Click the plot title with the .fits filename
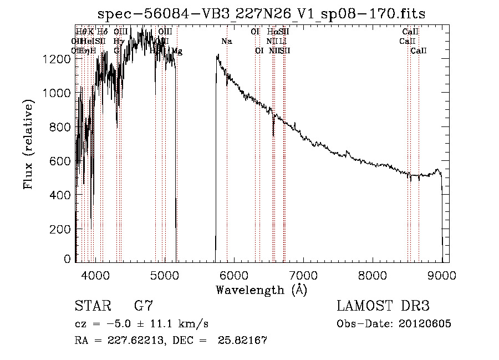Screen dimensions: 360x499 [x=261, y=14]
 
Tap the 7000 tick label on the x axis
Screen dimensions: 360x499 [x=303, y=275]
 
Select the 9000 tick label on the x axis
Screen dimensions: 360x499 [x=442, y=275]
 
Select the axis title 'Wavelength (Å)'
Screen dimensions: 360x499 [x=261, y=290]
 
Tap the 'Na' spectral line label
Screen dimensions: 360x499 [x=226, y=42]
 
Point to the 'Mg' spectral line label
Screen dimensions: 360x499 [x=176, y=51]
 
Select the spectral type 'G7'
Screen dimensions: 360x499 [x=143, y=306]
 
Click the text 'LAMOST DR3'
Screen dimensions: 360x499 [x=383, y=306]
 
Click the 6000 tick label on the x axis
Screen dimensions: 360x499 [x=234, y=275]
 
